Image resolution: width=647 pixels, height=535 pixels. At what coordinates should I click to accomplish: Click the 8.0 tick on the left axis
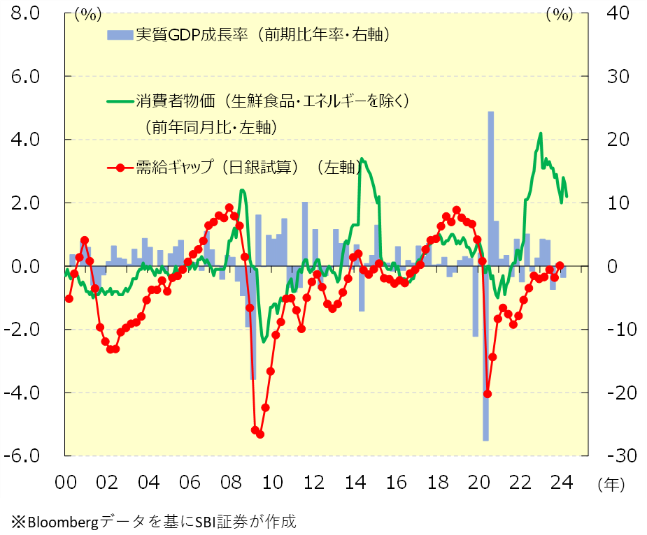(24, 13)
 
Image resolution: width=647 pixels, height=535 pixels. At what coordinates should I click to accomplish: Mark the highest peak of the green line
(540, 133)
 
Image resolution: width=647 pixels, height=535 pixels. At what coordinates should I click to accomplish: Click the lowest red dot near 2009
(260, 434)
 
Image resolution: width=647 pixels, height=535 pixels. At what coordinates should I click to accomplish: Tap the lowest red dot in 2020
(488, 394)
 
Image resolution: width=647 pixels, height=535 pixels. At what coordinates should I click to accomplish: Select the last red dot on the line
(560, 266)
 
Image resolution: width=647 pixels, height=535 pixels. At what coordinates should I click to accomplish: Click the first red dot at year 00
(69, 298)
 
